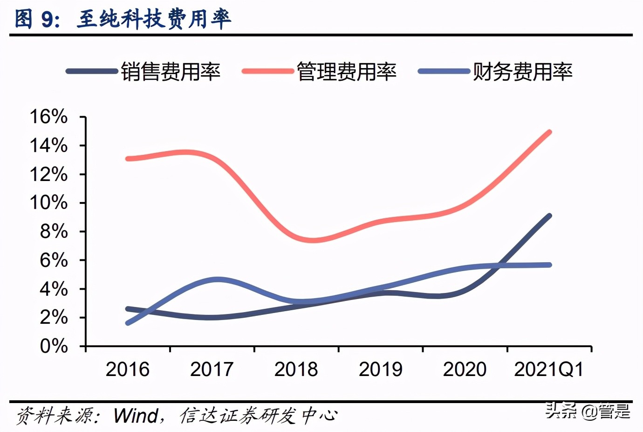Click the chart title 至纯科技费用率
pos(154,19)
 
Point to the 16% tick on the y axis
pos(48,117)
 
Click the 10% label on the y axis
pos(48,203)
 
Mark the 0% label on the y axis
pos(54,346)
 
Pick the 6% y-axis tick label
pos(54,260)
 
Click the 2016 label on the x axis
pos(127,369)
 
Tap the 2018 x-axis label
pos(296,369)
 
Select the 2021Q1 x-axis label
pos(548,369)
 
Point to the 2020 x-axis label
pos(465,369)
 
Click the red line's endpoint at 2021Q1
pos(549,132)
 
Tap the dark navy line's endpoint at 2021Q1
pos(549,216)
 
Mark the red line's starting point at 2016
pos(128,159)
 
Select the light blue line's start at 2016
pos(128,323)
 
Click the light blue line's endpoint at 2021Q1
pos(549,265)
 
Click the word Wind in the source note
pos(136,415)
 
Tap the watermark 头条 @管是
pos(588,411)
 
